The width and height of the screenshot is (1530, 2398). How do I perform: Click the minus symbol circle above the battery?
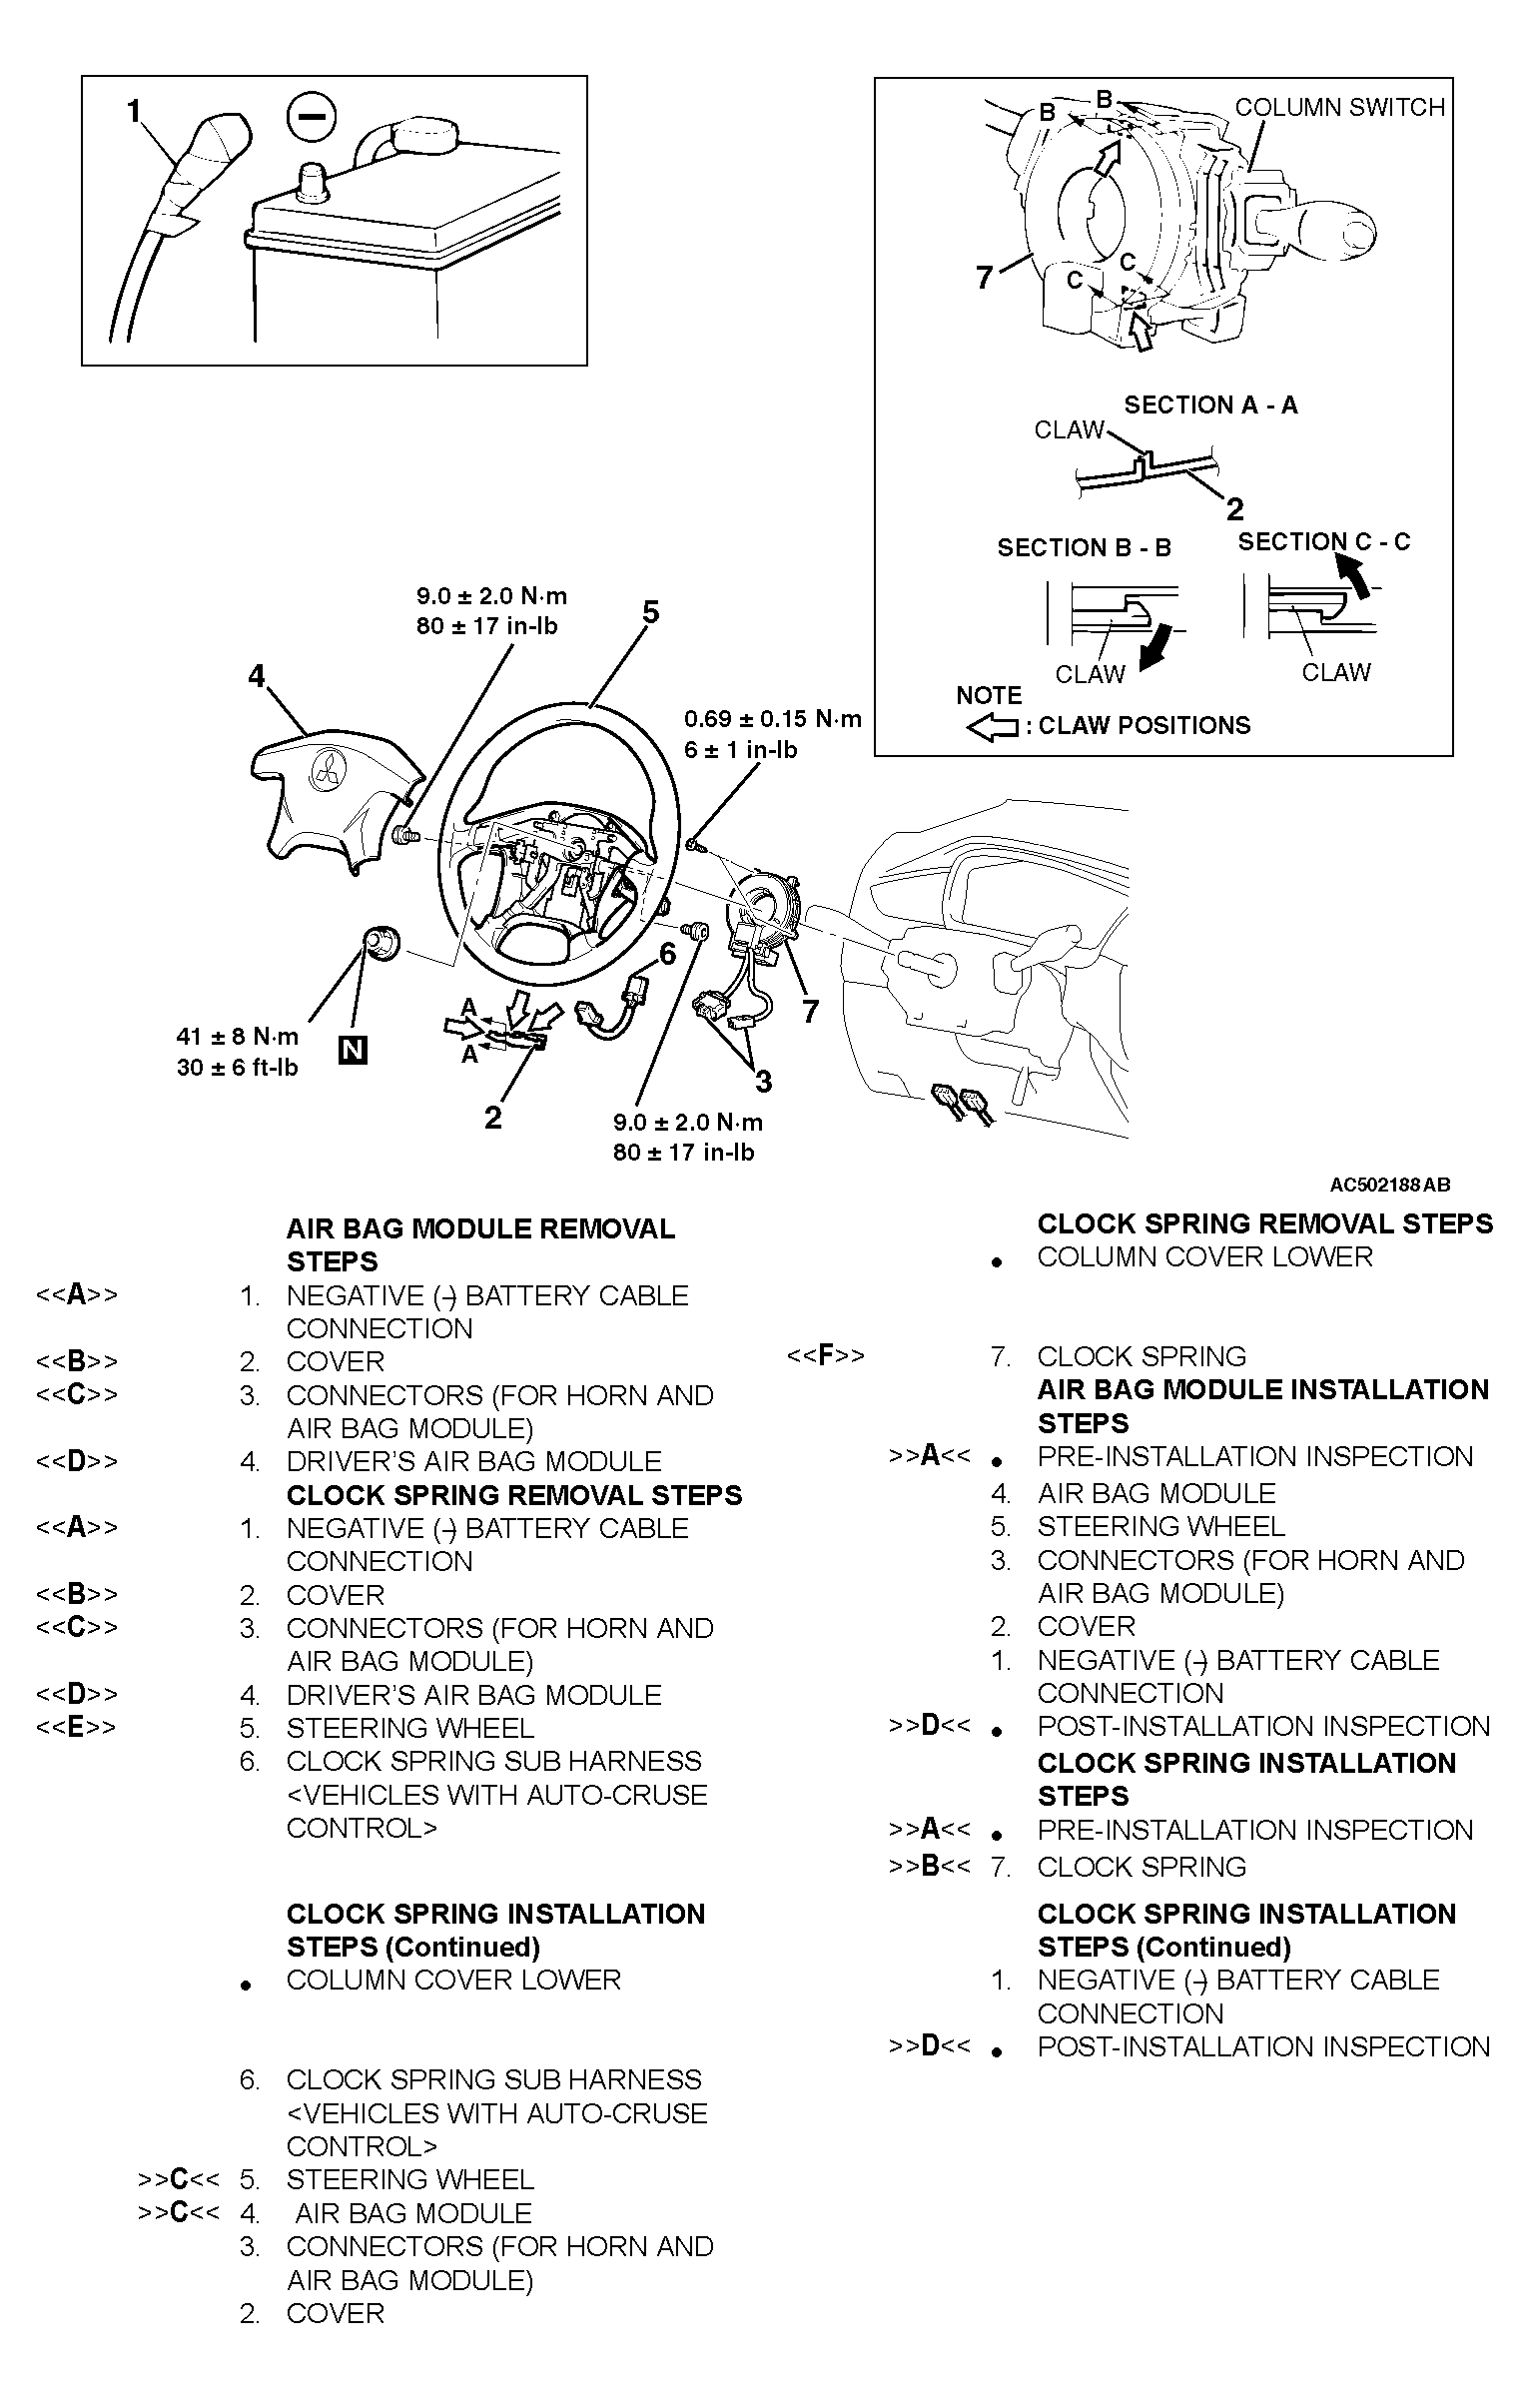tap(313, 117)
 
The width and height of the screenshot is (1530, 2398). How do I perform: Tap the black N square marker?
tap(353, 1050)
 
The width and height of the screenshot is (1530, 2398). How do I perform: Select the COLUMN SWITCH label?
tap(1339, 108)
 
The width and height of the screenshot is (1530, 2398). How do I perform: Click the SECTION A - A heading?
tap(1210, 404)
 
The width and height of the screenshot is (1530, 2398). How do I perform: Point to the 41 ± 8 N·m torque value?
tap(238, 1037)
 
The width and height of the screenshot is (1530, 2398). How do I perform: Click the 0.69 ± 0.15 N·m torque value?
tap(772, 719)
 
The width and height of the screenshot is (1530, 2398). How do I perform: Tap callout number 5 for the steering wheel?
tap(651, 611)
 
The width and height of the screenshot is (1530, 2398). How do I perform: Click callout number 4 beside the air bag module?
tap(258, 677)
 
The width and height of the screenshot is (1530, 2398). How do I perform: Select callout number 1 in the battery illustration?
tap(134, 112)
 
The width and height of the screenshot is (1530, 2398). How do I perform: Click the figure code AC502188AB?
tap(1389, 1185)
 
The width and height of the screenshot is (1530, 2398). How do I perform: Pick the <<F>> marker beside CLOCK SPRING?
tap(826, 1355)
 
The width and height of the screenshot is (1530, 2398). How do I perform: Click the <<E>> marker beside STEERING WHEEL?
tap(76, 1727)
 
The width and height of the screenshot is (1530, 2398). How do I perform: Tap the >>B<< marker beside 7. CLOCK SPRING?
tap(929, 1866)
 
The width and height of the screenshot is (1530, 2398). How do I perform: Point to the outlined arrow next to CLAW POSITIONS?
tap(992, 727)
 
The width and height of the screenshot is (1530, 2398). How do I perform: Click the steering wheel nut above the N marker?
tap(380, 942)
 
